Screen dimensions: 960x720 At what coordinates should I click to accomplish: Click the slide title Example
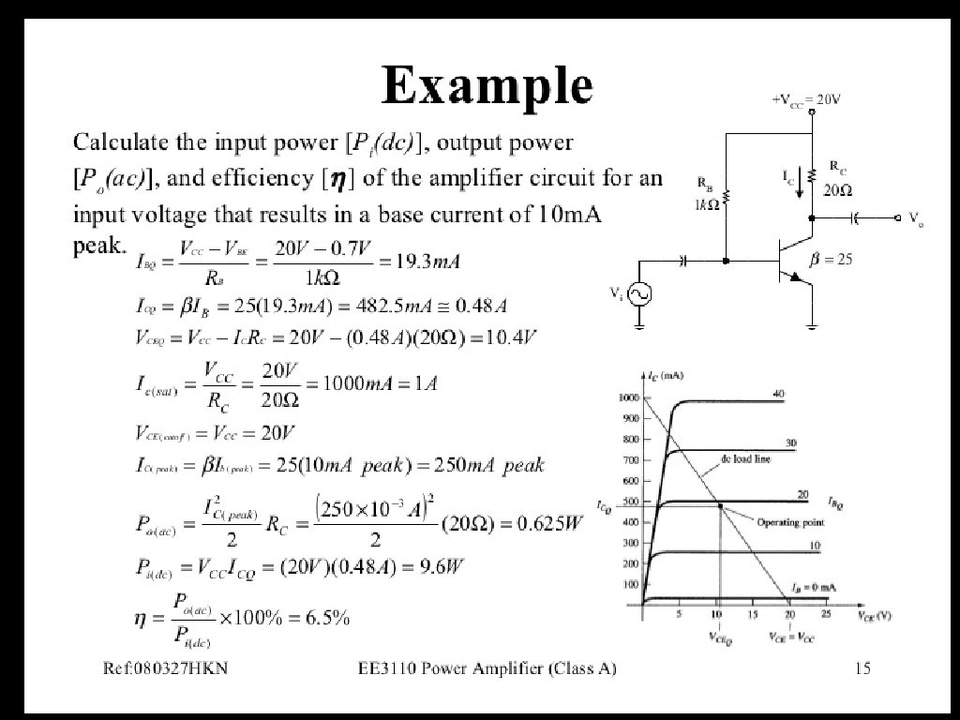coord(487,87)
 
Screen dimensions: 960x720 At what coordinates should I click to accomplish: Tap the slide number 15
coord(863,668)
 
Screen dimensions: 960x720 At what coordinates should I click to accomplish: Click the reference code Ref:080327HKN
coord(166,668)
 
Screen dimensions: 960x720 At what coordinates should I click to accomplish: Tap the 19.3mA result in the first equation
coord(427,262)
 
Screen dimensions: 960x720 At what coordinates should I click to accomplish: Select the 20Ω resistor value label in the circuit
coord(838,189)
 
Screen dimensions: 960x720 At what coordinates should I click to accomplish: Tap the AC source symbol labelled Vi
coord(640,294)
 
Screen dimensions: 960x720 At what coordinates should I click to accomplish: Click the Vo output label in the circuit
coord(915,217)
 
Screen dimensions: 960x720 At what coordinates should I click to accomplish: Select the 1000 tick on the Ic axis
coord(626,397)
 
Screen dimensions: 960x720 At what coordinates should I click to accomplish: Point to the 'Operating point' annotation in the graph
coord(790,522)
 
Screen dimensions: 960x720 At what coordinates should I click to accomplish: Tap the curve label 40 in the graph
coord(778,394)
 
